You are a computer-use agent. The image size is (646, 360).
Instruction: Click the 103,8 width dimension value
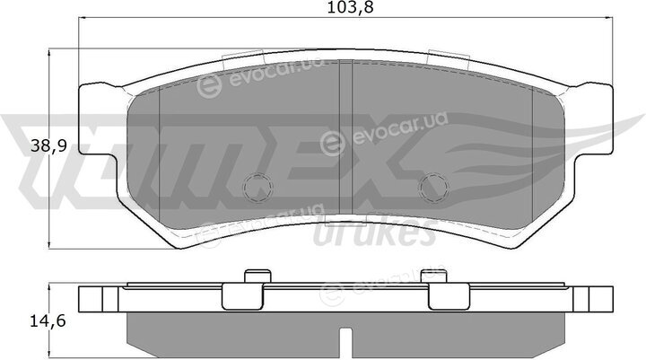[x=350, y=7]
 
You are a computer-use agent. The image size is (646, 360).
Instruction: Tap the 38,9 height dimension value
[x=48, y=146]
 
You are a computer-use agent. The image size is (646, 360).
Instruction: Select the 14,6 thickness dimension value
[x=48, y=320]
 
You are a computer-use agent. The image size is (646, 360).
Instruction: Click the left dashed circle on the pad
[x=258, y=188]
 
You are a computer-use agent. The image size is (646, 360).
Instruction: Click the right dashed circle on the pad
[x=433, y=188]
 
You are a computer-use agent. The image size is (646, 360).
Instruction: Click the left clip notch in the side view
[x=242, y=296]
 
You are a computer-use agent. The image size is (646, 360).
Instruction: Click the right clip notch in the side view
[x=449, y=296]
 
